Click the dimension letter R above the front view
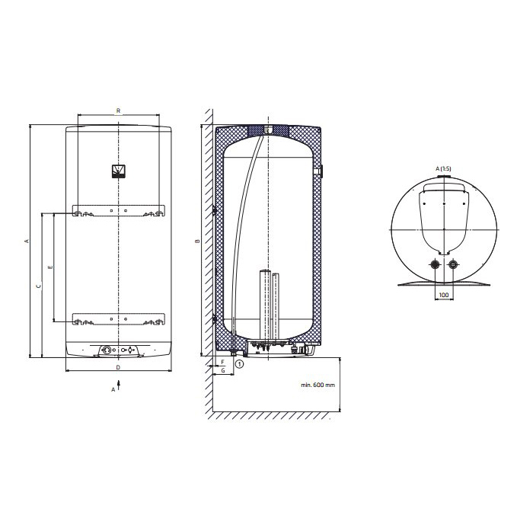click(118, 111)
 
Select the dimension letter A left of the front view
click(27, 241)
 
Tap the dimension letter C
click(39, 286)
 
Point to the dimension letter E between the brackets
click(50, 267)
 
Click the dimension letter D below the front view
click(118, 367)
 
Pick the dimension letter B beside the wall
click(197, 241)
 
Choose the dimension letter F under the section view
click(222, 363)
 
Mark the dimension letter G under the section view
click(223, 370)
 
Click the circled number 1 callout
click(239, 364)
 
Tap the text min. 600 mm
click(318, 385)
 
